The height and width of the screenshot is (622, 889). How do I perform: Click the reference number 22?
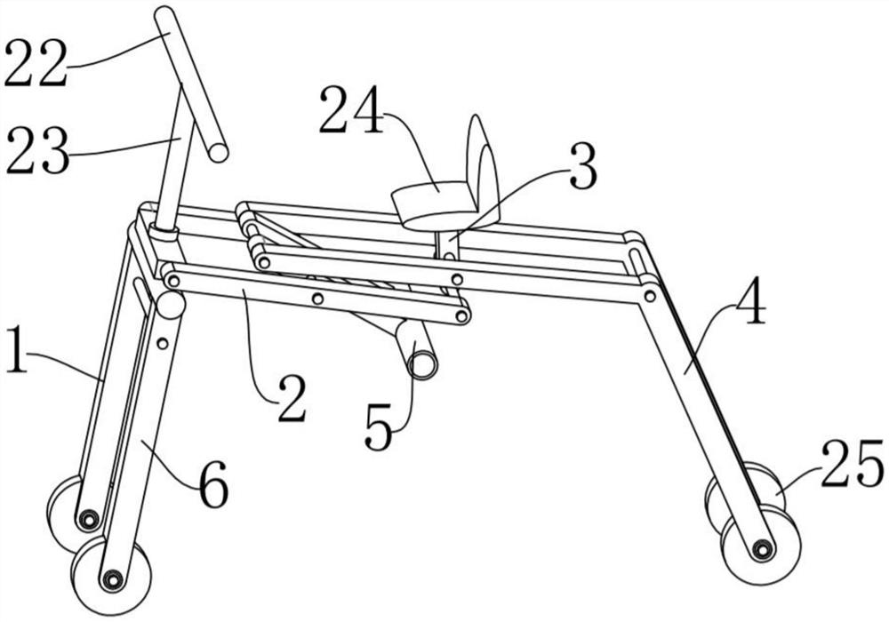tap(36, 63)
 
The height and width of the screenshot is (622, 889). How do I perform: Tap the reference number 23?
tap(36, 152)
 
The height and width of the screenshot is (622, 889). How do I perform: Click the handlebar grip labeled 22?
tap(190, 84)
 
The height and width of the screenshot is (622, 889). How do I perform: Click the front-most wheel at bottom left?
tap(111, 578)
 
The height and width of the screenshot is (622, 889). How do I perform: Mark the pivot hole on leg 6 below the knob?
tap(162, 342)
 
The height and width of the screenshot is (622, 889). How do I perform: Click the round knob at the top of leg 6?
tap(170, 305)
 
